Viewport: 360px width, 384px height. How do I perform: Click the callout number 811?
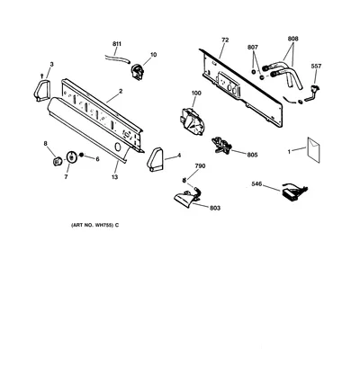[x=117, y=44]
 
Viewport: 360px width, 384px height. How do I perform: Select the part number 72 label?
[x=225, y=40]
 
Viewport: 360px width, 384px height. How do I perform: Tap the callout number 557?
[x=316, y=67]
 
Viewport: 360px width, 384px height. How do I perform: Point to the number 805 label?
[x=252, y=155]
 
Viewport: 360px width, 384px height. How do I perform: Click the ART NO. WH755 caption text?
[x=94, y=225]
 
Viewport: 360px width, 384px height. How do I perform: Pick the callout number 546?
[x=256, y=184]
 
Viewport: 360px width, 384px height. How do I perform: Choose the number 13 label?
[x=115, y=177]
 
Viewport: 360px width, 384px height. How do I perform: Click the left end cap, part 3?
[x=41, y=90]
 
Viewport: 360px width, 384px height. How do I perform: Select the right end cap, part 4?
[x=155, y=160]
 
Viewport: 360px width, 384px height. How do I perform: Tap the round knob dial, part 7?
[x=71, y=157]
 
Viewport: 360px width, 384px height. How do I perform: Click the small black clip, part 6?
[x=81, y=155]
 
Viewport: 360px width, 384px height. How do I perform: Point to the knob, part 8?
[x=57, y=161]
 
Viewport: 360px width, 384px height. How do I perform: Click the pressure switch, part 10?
[x=138, y=72]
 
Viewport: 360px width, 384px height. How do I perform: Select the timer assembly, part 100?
[x=192, y=121]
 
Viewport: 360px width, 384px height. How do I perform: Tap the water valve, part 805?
[x=221, y=144]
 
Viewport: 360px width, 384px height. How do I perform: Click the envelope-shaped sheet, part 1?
[x=314, y=150]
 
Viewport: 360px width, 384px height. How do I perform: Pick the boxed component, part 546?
[x=294, y=192]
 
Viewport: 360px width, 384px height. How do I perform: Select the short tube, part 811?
[x=117, y=58]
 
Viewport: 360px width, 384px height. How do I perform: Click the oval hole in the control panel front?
[x=118, y=147]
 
